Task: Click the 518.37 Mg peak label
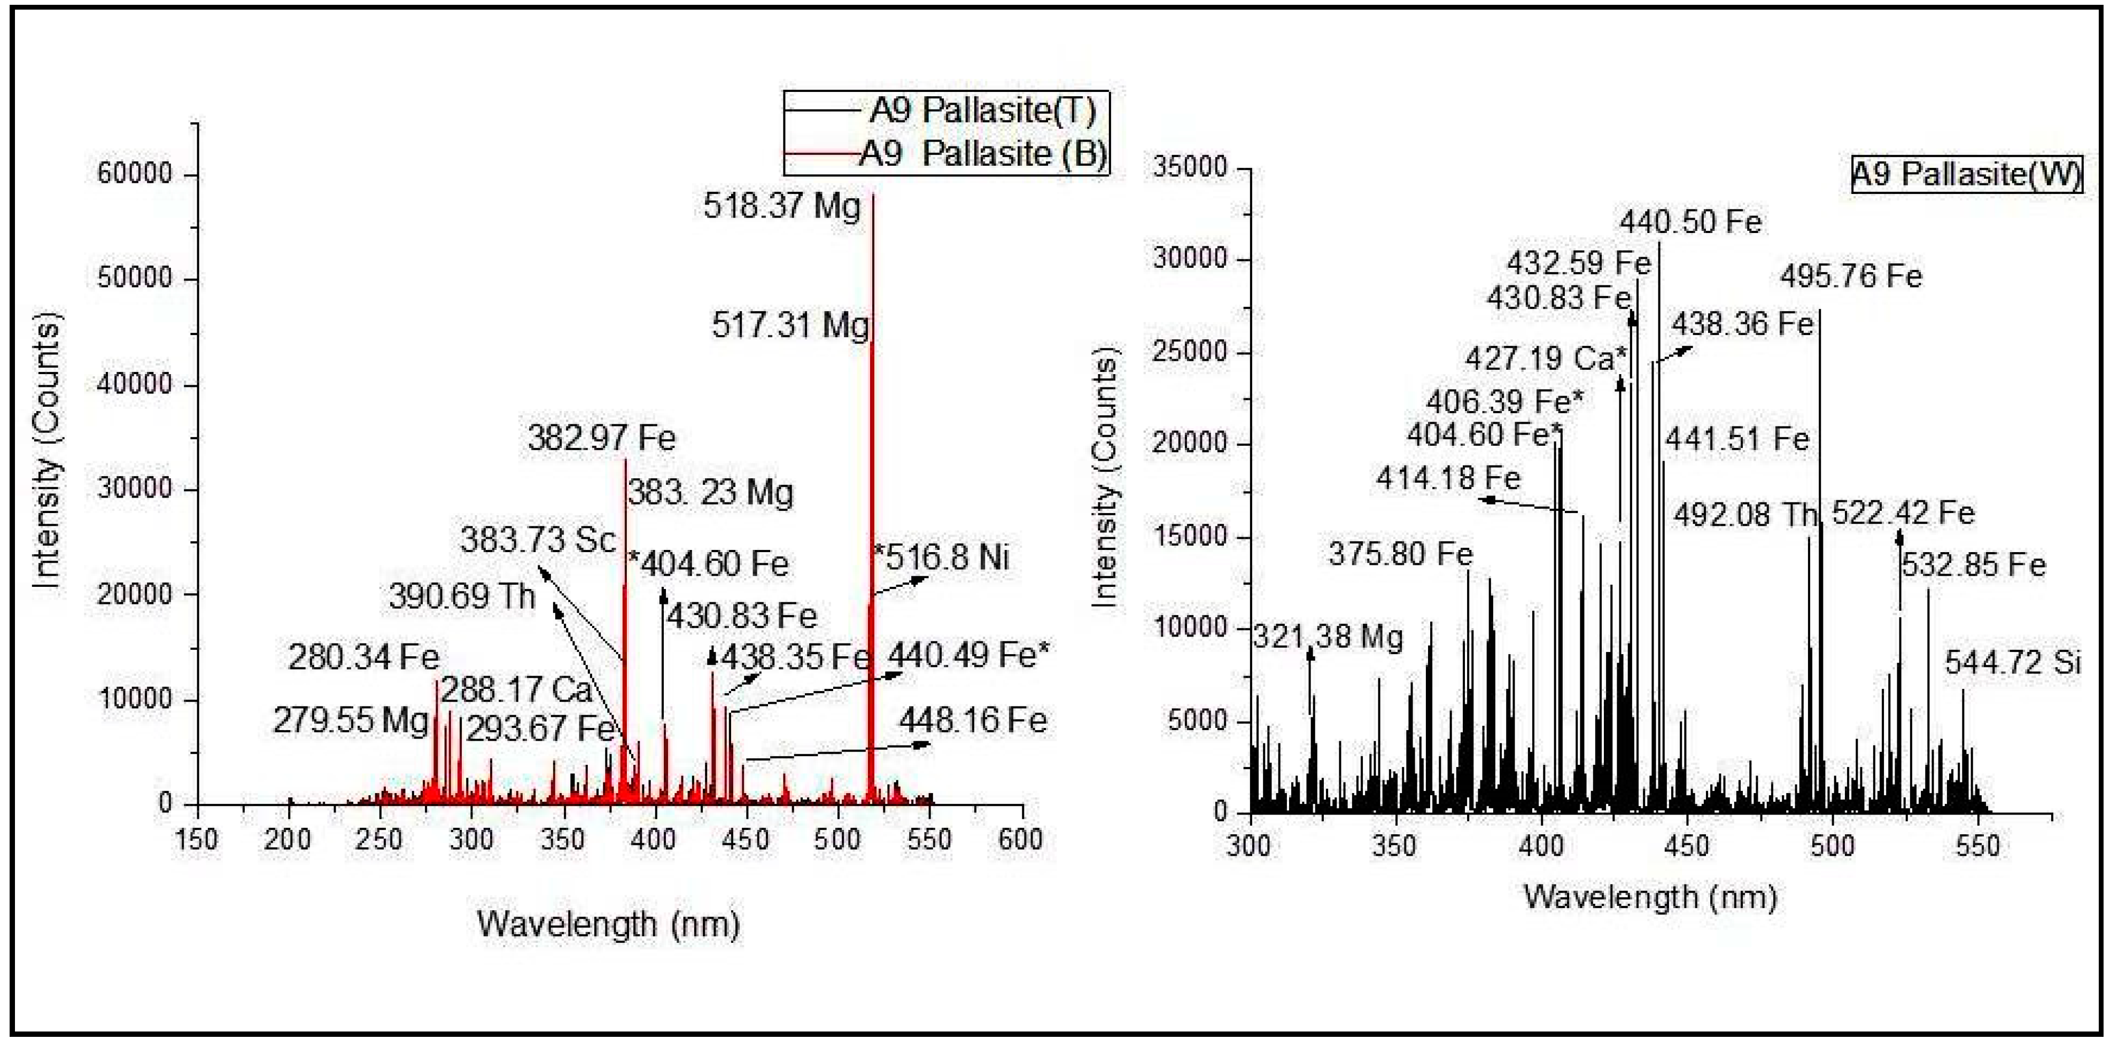coord(782,206)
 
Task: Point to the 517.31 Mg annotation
coord(790,325)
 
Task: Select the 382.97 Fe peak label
coord(602,438)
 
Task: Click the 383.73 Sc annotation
coord(538,540)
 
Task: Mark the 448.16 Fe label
coord(973,720)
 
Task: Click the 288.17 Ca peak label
coord(516,689)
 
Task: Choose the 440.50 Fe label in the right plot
coord(1690,222)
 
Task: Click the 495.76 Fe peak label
coord(1851,276)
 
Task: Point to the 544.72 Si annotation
coord(2012,663)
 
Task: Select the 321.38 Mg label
coord(1328,638)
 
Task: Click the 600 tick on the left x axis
coord(1020,839)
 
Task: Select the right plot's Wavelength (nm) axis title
coord(1650,896)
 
